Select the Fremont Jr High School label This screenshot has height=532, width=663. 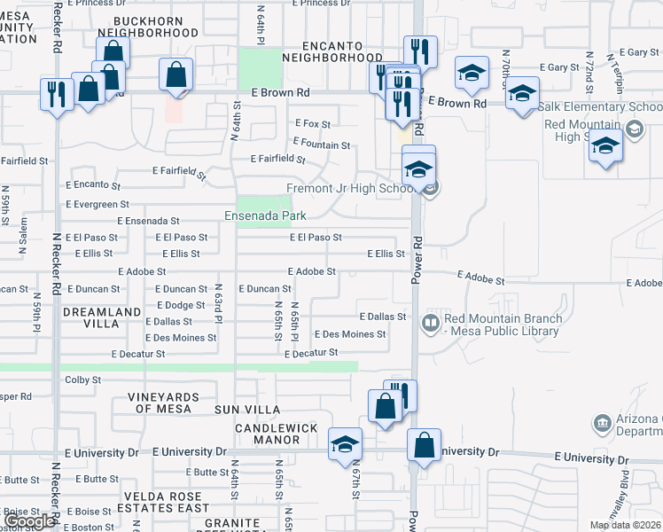coord(352,189)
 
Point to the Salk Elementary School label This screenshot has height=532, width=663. coord(600,107)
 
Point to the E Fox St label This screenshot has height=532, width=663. coord(312,124)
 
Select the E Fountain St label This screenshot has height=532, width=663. coord(320,145)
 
